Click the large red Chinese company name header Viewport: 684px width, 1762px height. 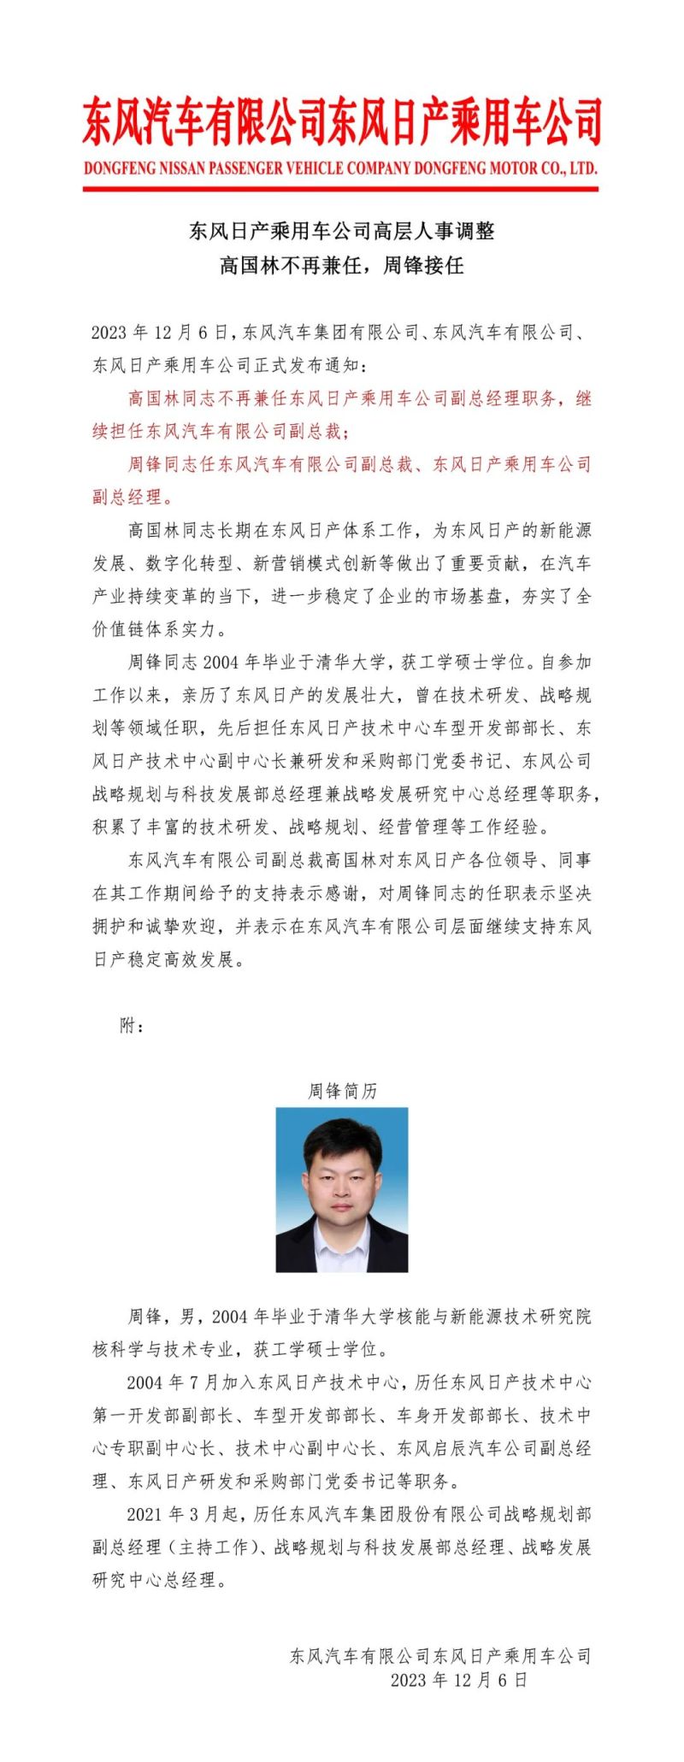[342, 121]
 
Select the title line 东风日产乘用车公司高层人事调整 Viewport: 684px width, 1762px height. [342, 231]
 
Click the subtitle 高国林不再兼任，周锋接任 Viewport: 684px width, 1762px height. [342, 265]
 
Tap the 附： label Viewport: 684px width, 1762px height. [132, 1025]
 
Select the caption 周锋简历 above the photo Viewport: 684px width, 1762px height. [342, 1091]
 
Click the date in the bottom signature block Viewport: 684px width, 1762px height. [459, 1680]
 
